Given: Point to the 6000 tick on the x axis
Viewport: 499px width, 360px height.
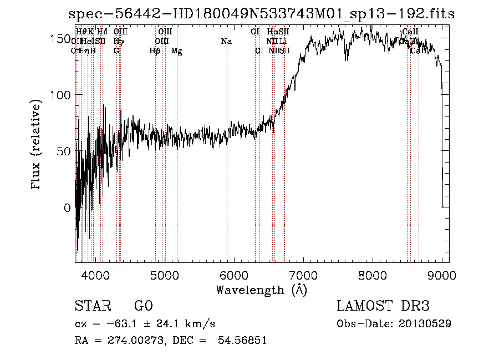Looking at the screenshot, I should pyautogui.click(x=234, y=275).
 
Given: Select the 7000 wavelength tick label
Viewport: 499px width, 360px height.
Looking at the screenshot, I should pyautogui.click(x=303, y=275).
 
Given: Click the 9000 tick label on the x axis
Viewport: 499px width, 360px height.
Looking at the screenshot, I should pyautogui.click(x=442, y=275).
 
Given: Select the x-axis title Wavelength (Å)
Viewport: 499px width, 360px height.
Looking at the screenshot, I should pyautogui.click(x=261, y=290).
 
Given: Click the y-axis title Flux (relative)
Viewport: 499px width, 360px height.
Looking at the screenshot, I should pyautogui.click(x=37, y=145).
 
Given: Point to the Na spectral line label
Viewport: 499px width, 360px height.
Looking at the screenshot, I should pyautogui.click(x=226, y=41).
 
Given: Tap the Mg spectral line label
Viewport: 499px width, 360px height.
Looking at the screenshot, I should pyautogui.click(x=176, y=51).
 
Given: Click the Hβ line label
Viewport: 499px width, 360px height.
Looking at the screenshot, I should pyautogui.click(x=155, y=51).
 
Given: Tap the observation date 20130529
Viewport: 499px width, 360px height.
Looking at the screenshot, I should pyautogui.click(x=424, y=323).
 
